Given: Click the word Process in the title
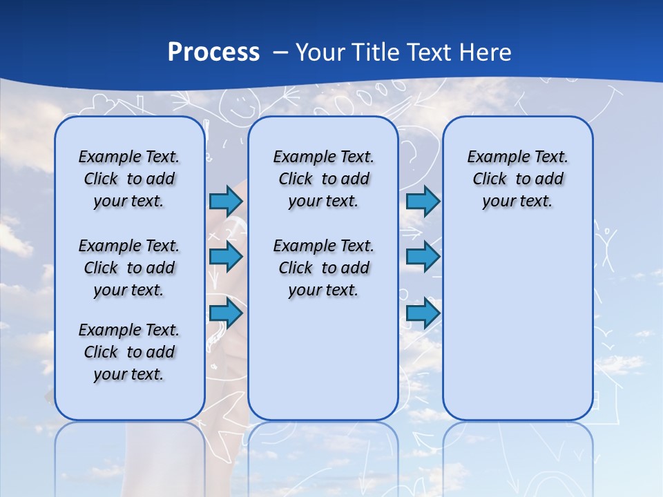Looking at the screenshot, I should point(213,52).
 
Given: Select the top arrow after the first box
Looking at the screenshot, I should point(226,201).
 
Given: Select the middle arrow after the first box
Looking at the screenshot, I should point(226,257).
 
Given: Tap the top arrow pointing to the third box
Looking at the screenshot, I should point(423,201).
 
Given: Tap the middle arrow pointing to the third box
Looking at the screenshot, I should point(423,257).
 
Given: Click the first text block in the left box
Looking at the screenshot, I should point(129,179).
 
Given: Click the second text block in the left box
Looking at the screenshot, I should point(129,268).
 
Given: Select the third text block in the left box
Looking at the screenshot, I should point(129,352).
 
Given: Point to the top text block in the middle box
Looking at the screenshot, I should point(323,179).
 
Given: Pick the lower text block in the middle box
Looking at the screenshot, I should point(323,268).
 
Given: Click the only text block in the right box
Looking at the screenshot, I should point(517,179).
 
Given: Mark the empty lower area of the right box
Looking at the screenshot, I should point(517,324).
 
